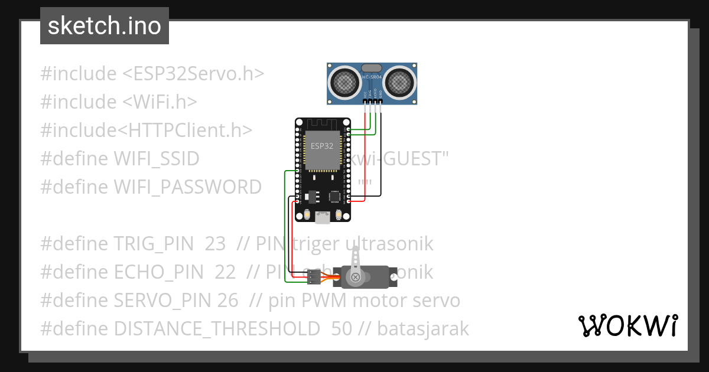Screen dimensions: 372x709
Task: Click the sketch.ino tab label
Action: pos(104,26)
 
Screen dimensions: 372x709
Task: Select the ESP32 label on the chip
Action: pos(323,144)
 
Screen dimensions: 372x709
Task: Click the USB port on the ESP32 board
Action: pos(323,218)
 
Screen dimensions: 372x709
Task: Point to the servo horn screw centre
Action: pos(356,276)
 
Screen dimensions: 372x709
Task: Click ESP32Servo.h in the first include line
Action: pos(193,74)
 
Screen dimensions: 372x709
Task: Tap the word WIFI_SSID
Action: pos(156,159)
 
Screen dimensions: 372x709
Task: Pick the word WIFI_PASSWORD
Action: pos(187,187)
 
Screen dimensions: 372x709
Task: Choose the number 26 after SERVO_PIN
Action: pos(227,301)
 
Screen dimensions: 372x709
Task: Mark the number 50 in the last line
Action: pos(342,329)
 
